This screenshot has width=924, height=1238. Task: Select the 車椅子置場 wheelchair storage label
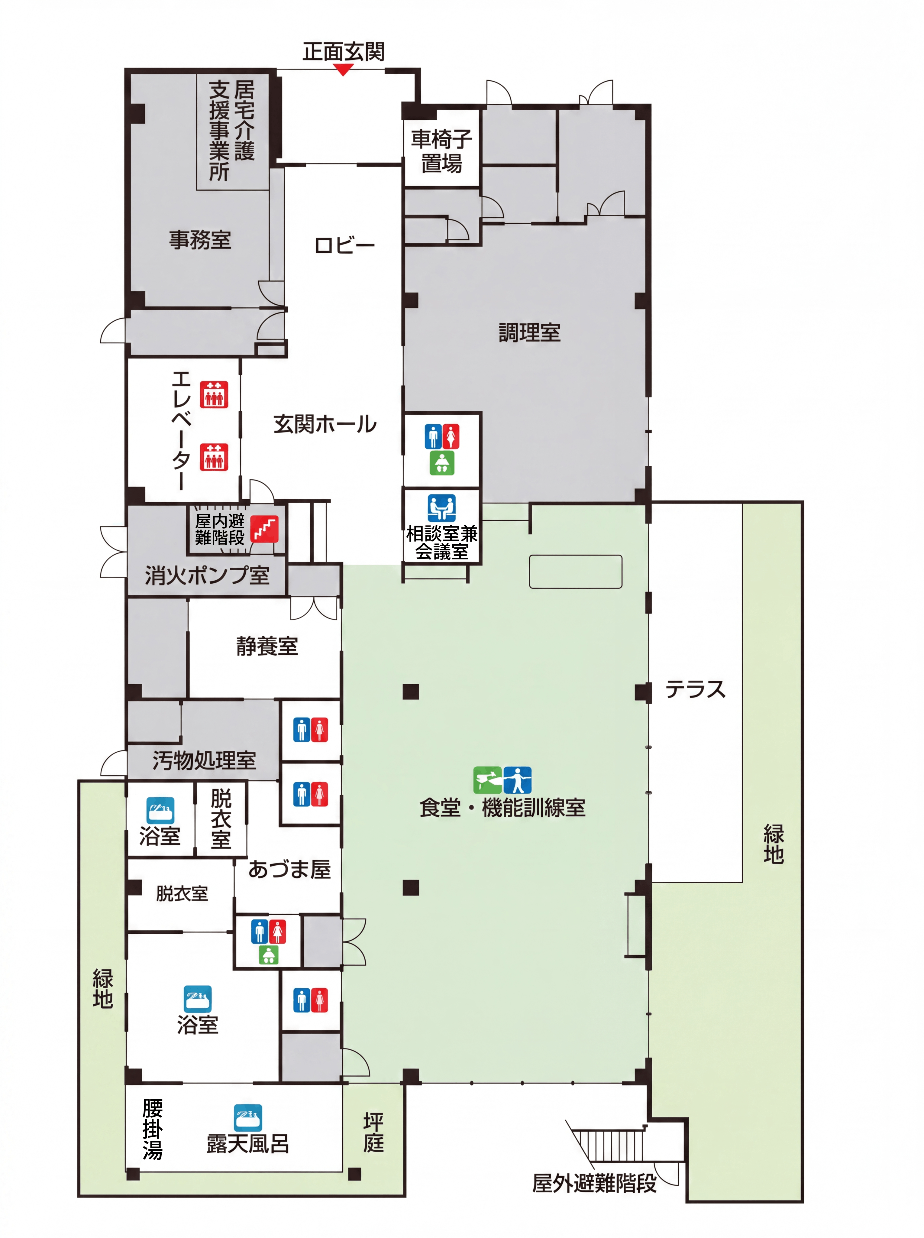pos(442,151)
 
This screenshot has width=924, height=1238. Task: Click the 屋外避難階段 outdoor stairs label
pos(594,1184)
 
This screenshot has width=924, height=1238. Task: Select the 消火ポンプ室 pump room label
pos(207,576)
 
